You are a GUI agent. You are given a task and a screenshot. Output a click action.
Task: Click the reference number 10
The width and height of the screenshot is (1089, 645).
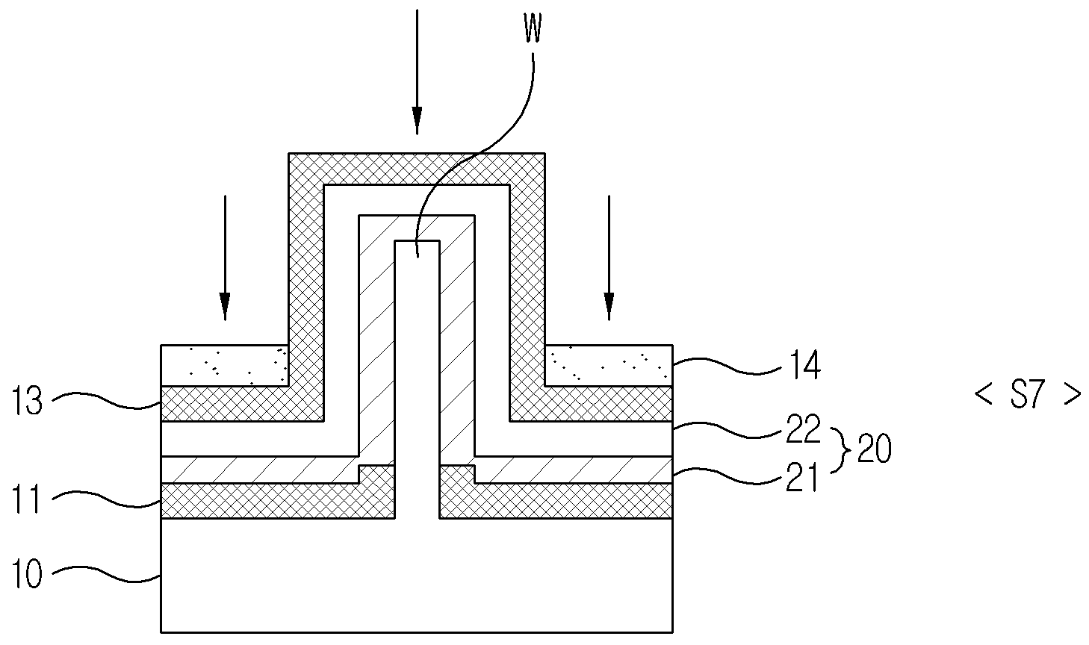coord(27,574)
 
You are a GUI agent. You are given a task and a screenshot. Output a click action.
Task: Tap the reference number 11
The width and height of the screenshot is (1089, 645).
coord(27,499)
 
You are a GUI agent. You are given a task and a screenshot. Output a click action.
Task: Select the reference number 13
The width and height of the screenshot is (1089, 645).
coord(27,401)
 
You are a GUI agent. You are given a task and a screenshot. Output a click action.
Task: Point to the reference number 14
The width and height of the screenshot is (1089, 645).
coord(805,365)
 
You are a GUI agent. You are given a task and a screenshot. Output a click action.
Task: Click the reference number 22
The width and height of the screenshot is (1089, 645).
coord(803,429)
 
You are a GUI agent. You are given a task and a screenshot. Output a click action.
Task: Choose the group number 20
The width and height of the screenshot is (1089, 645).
coord(874,448)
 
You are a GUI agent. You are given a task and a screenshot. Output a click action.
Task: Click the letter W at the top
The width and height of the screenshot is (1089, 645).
coord(533,28)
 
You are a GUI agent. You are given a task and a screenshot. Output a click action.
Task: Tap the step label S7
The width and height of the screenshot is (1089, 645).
coord(1028,393)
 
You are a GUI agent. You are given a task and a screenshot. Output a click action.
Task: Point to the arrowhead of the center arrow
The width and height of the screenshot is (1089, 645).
coord(417,120)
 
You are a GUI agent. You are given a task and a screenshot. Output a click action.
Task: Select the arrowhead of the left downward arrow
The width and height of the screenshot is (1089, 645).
coord(225,307)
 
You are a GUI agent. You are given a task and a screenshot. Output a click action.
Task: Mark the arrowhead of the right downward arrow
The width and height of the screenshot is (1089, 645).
coord(609,307)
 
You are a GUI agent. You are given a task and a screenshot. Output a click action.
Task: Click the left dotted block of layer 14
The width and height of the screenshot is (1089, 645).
coord(225,366)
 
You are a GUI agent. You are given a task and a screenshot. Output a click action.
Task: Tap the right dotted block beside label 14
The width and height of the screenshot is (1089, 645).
coord(609,366)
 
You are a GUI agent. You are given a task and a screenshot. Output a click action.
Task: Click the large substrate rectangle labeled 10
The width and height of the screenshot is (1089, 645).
coord(417,576)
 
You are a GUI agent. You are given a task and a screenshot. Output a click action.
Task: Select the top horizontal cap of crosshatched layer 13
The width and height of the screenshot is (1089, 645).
coord(417,169)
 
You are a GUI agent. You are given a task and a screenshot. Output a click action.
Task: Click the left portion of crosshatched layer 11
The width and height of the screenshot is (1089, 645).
coord(277,501)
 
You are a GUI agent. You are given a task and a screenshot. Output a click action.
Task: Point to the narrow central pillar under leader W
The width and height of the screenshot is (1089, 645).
coord(417,379)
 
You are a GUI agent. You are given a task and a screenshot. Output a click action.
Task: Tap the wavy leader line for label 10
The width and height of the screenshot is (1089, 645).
coord(106,573)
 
